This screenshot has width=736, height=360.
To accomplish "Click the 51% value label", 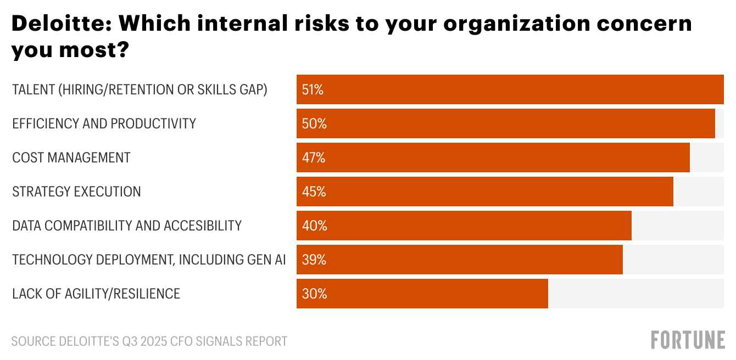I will tap(313, 90).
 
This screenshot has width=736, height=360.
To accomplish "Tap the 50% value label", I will tap(314, 124).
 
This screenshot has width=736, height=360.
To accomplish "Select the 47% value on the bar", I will tap(314, 158).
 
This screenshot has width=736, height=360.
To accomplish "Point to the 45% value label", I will tap(314, 192).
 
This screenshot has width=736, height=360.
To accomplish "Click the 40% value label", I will tap(314, 226).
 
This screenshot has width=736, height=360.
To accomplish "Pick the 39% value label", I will tap(314, 260).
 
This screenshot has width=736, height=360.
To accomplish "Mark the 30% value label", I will tap(314, 294).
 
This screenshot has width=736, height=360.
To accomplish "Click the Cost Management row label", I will tap(71, 158).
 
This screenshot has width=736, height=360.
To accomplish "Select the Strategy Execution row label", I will tap(76, 192).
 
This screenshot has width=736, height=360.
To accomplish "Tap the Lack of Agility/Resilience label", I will tap(96, 294).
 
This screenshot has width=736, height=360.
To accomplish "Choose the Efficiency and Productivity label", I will tap(104, 124).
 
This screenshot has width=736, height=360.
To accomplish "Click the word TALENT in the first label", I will tap(33, 90).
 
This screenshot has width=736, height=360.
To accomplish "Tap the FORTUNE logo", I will tap(688, 340).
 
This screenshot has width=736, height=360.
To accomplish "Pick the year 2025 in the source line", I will tap(154, 341).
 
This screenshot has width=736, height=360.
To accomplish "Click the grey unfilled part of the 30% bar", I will tap(635, 294).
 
